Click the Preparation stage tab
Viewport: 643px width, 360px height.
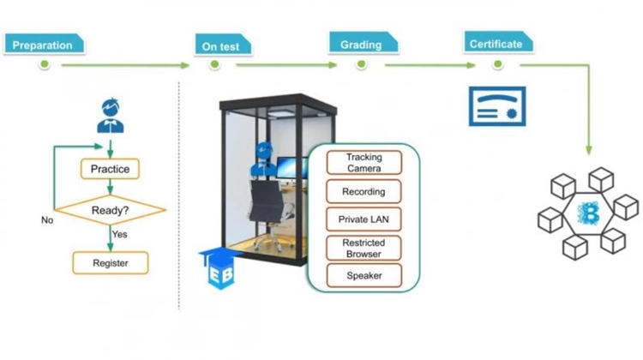(x=44, y=44)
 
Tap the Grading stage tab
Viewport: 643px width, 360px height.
(x=363, y=43)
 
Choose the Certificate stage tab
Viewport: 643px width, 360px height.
(x=498, y=43)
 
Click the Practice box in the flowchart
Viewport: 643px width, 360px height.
(x=110, y=169)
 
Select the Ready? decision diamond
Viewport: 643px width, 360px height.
(x=110, y=208)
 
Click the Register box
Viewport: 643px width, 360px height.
(x=110, y=261)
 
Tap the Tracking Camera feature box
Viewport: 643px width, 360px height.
(x=364, y=162)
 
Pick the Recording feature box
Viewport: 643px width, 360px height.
(x=364, y=192)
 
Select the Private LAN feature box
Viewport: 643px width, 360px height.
(x=364, y=219)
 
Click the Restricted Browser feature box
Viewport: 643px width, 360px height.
(x=364, y=248)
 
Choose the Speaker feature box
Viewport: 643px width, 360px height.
(x=364, y=276)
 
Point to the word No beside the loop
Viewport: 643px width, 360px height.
(x=47, y=220)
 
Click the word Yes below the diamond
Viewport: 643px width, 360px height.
(x=119, y=233)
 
